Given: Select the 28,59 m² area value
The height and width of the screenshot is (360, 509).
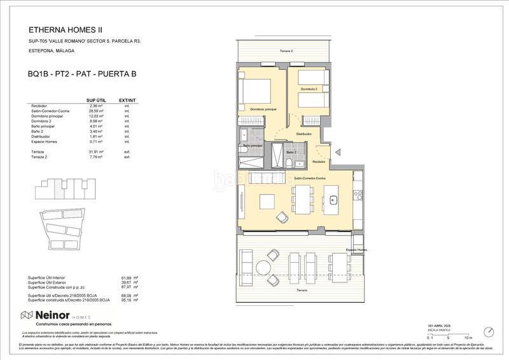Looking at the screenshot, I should tap(94, 111).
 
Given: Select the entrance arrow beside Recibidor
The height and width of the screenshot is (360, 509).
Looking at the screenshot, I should tap(338, 151).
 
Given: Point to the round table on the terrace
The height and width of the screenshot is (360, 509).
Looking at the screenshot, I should tap(263, 267).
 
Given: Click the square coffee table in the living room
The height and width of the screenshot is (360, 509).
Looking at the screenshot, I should tap(267, 202).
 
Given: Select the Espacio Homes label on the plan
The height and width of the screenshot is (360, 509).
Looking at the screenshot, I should tap(356, 250).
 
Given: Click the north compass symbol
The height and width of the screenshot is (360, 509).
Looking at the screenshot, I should tap(489, 333).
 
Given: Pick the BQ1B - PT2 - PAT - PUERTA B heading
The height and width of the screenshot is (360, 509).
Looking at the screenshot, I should tap(82, 74).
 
